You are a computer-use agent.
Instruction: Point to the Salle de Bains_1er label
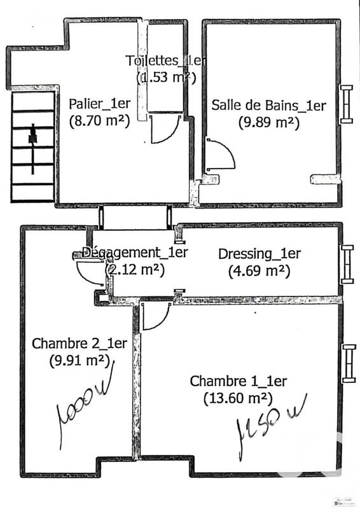[268, 106]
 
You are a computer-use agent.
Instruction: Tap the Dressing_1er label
[259, 254]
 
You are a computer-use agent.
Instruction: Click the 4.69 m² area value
[259, 270]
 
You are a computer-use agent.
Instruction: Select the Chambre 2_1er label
[80, 344]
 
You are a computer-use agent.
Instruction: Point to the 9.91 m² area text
[79, 360]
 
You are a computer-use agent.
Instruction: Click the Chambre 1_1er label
[238, 382]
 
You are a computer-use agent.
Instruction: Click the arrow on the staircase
[32, 136]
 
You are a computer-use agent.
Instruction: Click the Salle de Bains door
[219, 155]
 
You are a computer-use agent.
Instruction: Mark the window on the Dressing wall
[347, 263]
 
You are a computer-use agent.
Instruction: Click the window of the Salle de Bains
[347, 104]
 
